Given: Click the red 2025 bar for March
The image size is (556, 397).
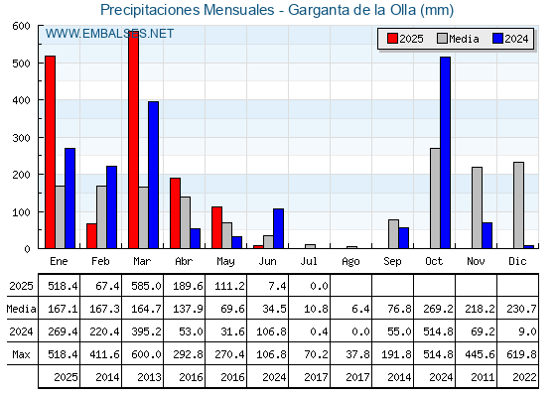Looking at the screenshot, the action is [133, 140].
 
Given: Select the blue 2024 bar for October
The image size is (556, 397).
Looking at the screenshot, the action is [446, 153].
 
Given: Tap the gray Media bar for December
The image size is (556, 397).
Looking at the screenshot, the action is [518, 205].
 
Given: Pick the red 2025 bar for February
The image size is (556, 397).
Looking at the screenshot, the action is [91, 236].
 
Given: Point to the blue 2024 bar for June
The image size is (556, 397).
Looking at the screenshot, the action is [278, 228].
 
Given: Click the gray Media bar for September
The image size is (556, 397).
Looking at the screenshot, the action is [393, 234].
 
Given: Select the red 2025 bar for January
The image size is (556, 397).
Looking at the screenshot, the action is [50, 152].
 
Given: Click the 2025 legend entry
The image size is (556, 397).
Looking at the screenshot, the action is [405, 39].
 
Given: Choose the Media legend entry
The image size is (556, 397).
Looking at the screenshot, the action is [458, 39].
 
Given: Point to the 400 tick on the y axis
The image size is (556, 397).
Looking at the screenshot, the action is [21, 100].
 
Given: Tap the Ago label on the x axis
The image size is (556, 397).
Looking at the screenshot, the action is [350, 262].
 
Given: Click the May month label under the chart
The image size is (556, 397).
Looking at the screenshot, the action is [225, 262].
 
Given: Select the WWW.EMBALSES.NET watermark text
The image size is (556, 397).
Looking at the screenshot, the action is [109, 34].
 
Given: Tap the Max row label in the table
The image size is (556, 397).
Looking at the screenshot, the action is [21, 354].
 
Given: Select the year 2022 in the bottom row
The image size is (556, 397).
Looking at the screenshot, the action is [524, 377].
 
